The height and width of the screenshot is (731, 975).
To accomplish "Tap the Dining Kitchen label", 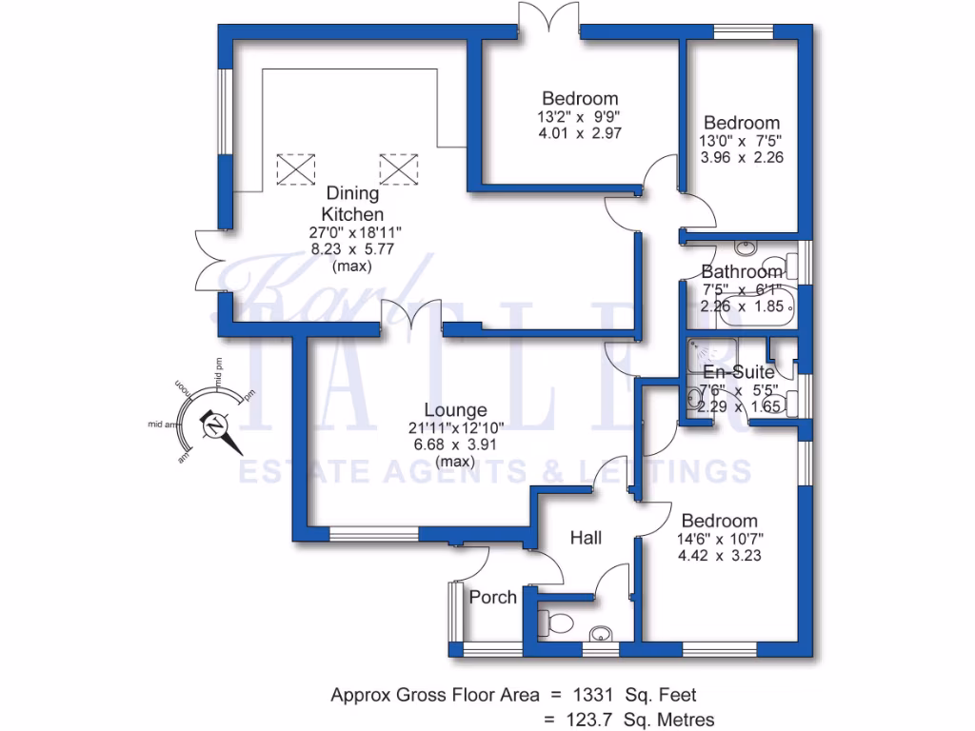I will pos(350,203).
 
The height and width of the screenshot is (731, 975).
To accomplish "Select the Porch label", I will pos(493,598).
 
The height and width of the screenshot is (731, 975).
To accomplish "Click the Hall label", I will pos(586,539).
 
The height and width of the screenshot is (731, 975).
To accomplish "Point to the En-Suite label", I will pos(739,372).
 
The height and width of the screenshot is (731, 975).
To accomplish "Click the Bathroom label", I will pos(741,272).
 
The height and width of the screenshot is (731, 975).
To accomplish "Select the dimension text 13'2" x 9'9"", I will pos(580,117).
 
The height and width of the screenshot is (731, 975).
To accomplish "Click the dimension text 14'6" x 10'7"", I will pos(720,539).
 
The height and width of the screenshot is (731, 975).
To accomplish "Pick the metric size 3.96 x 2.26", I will pos(742,158).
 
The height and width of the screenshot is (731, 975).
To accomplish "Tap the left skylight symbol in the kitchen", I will pos(295,169).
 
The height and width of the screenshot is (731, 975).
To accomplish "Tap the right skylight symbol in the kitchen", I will pos(399,169).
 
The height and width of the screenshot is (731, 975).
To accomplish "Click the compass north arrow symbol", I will pos(217,425).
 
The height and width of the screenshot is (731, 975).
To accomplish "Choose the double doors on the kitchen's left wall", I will pos(208,261).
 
